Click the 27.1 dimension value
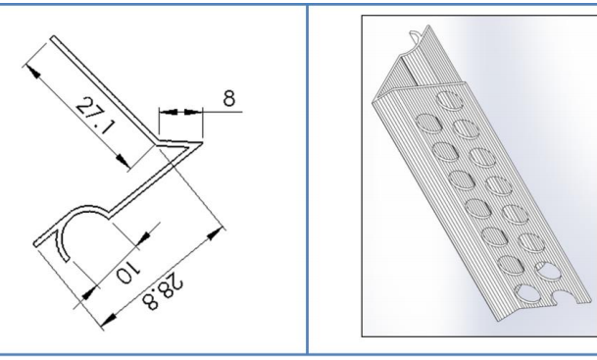(95, 116)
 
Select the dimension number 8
(228, 98)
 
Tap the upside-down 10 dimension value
(128, 273)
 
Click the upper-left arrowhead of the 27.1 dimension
(32, 72)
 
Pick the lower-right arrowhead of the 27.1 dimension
(123, 160)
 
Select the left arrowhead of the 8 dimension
(169, 112)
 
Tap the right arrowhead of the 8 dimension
(193, 112)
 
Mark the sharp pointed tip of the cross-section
(202, 143)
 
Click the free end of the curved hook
(67, 259)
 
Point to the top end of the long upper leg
(53, 37)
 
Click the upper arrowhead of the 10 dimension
(143, 238)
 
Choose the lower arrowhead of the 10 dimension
(89, 292)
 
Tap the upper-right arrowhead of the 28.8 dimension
(215, 233)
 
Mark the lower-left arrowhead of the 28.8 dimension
(109, 321)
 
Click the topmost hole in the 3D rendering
(450, 101)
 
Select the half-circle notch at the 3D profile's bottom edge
(565, 298)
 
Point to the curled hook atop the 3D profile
(418, 37)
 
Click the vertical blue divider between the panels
(307, 180)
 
